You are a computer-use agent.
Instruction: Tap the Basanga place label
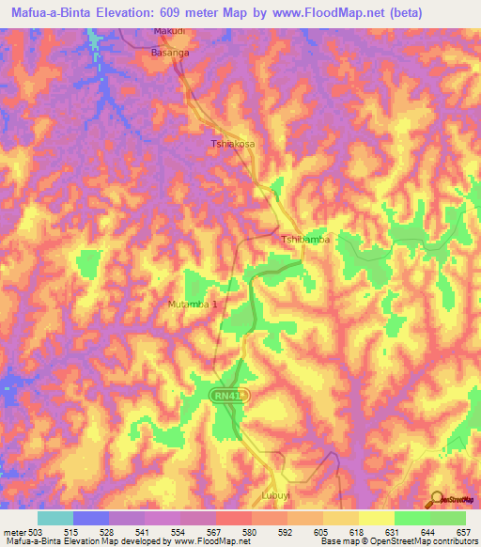pos(170,54)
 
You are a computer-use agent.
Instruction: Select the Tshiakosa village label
pos(232,145)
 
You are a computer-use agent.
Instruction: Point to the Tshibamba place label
pos(306,240)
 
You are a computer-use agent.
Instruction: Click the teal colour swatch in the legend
pos(55,518)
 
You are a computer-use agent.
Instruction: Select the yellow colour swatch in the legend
pos(377,518)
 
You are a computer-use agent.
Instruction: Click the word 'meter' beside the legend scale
pos(14,532)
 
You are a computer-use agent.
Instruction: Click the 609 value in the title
pos(188,13)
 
